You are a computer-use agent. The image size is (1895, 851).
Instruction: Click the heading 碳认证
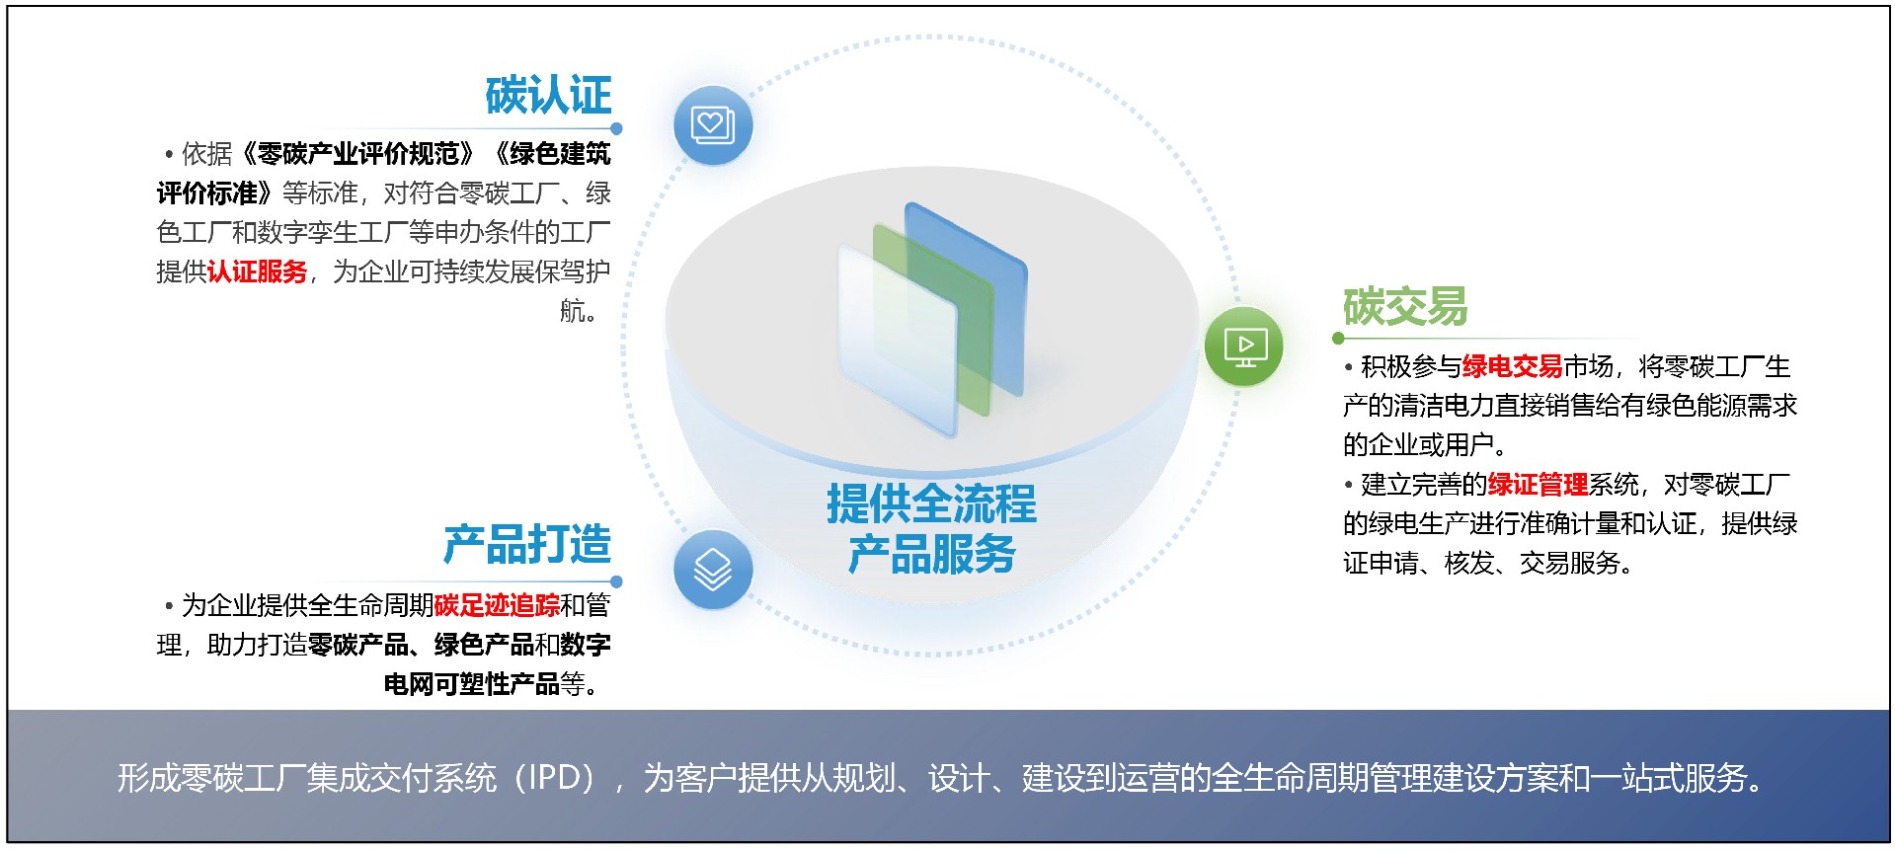click(x=548, y=96)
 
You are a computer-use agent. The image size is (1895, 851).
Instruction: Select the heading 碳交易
click(x=1405, y=306)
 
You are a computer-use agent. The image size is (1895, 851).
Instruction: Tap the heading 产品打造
click(x=527, y=544)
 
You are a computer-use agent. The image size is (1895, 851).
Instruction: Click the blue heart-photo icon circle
click(x=713, y=125)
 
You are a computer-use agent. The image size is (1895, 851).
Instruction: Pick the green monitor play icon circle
click(x=1244, y=346)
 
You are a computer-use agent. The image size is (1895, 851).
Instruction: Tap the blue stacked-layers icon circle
click(x=713, y=570)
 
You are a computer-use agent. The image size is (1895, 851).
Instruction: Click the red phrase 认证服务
click(x=258, y=271)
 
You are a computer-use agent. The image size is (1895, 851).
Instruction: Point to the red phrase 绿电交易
click(x=1512, y=366)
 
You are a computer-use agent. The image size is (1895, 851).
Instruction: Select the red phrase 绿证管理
click(x=1538, y=484)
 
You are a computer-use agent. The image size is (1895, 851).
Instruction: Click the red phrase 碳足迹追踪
click(x=497, y=604)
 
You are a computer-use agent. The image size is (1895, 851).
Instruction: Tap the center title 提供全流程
click(x=931, y=503)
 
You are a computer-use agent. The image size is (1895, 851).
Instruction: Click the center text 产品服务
click(x=931, y=554)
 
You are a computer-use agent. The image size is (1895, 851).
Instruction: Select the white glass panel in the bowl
click(x=898, y=341)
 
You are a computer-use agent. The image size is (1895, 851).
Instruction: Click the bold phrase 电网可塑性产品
click(x=472, y=683)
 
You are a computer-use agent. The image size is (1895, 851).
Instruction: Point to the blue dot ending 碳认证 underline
click(x=616, y=128)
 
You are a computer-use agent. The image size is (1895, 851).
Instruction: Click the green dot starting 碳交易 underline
click(x=1338, y=338)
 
